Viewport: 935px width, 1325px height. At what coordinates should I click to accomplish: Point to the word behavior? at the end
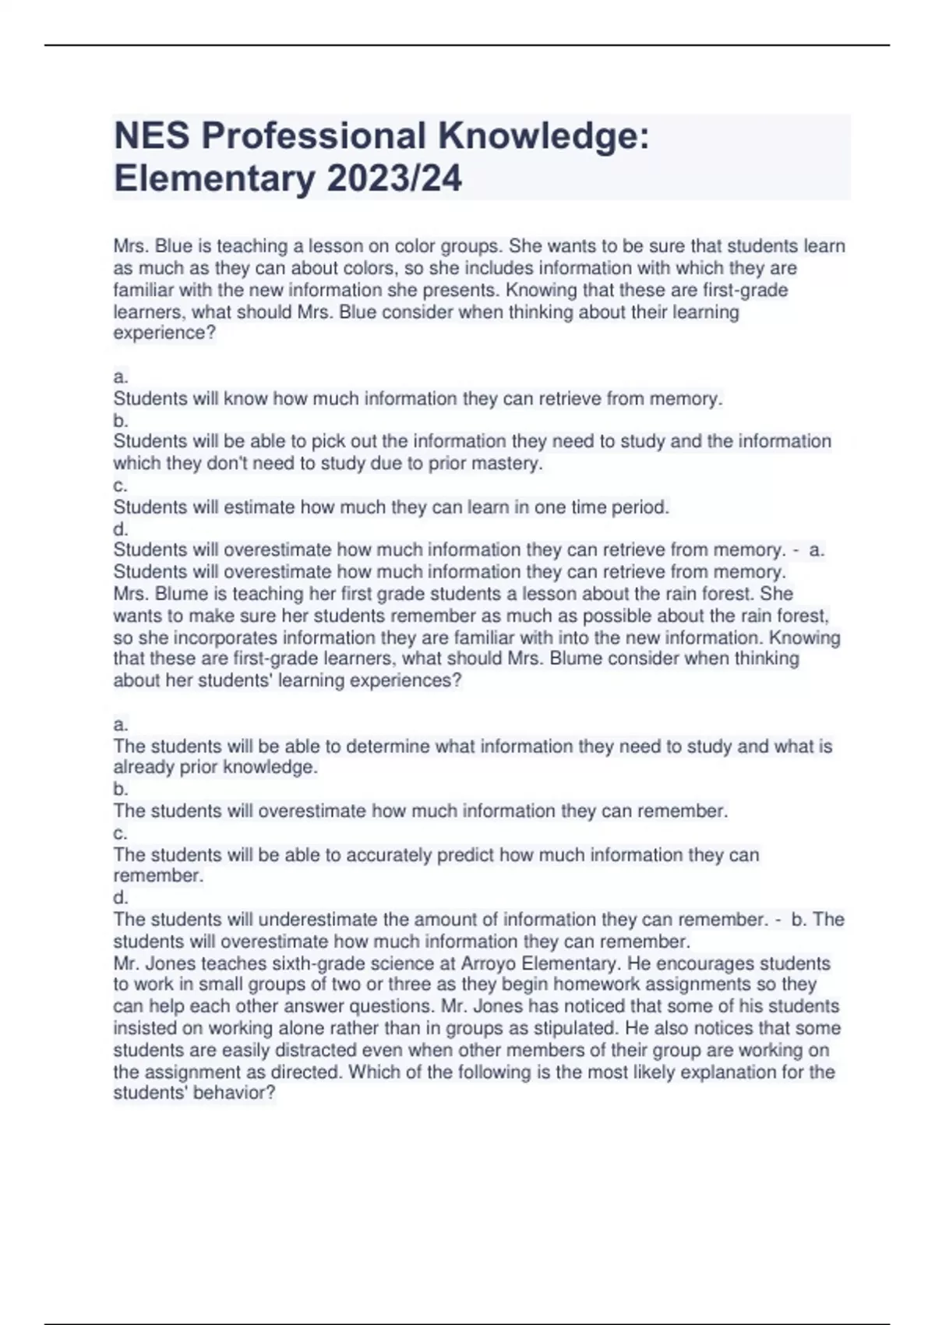235,1093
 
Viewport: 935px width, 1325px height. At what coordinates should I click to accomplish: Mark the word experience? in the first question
164,333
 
